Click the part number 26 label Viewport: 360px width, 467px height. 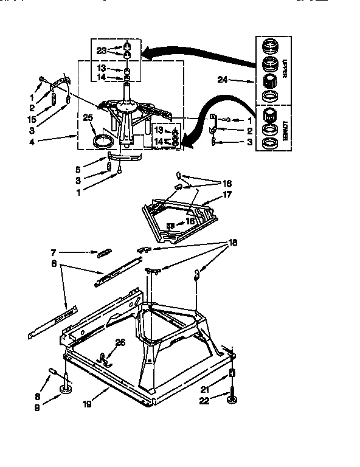click(x=121, y=342)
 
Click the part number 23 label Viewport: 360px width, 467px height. click(x=101, y=50)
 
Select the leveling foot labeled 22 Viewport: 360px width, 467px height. click(x=232, y=398)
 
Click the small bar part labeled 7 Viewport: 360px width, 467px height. click(x=103, y=253)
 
